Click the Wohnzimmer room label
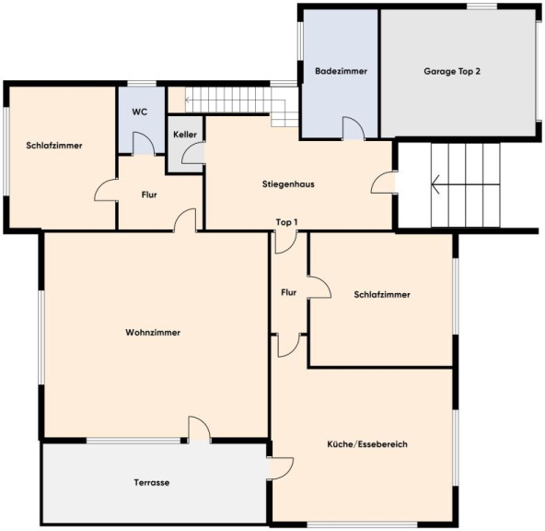click(x=153, y=332)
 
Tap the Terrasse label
click(x=152, y=483)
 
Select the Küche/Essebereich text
click(x=367, y=444)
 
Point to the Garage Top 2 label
click(x=452, y=71)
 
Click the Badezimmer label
click(x=341, y=71)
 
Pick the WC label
click(x=140, y=112)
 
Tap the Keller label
click(x=185, y=135)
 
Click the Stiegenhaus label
click(x=288, y=184)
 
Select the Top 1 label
click(x=286, y=222)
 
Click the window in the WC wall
click(x=142, y=84)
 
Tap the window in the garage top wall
click(x=481, y=6)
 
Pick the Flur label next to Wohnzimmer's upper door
click(x=149, y=195)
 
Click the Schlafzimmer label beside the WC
click(x=54, y=146)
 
